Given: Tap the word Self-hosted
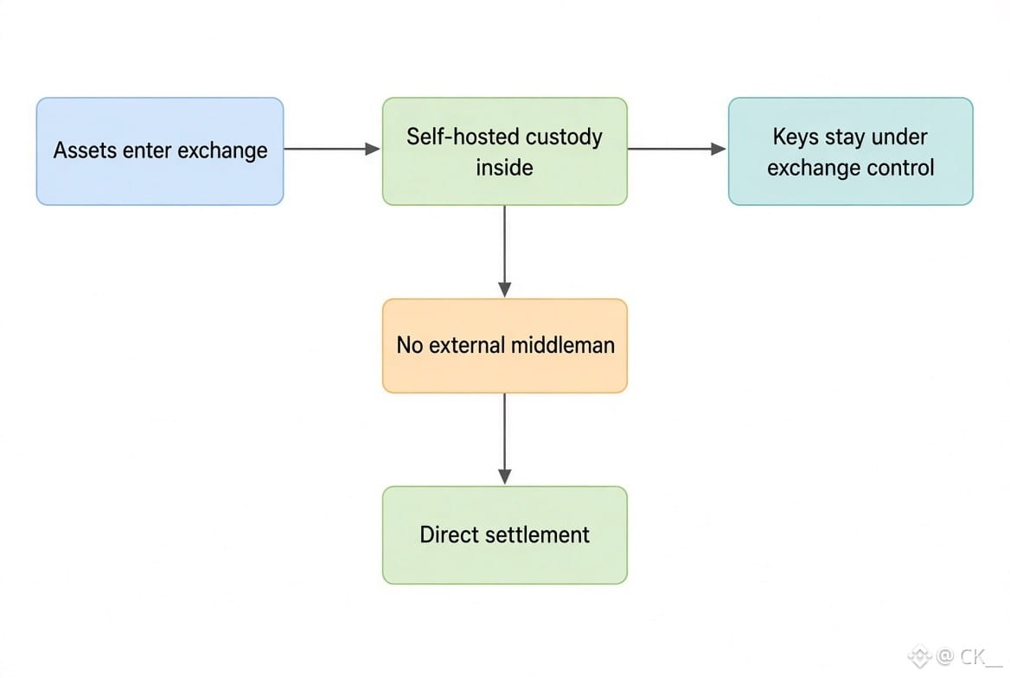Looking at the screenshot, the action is click(x=463, y=137).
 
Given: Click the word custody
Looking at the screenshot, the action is click(x=565, y=138).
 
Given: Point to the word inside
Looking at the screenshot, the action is click(x=504, y=168).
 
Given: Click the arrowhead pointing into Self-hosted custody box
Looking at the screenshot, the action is click(x=373, y=149).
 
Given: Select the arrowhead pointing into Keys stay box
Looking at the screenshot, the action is click(x=719, y=149).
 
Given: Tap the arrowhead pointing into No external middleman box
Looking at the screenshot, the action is click(x=505, y=290).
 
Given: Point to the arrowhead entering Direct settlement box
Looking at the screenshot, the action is click(x=505, y=477).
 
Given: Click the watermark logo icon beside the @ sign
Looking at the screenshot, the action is click(x=920, y=656).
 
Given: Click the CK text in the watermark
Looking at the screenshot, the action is click(x=972, y=656).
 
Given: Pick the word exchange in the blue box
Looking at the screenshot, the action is click(x=222, y=150).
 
